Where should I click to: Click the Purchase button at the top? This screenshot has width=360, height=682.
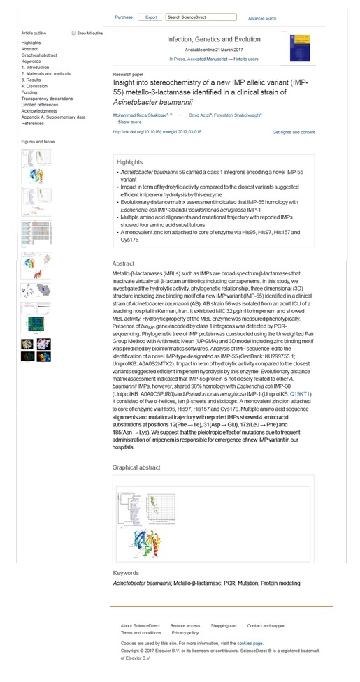[124, 17]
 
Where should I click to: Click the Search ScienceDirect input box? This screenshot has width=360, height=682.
[196, 17]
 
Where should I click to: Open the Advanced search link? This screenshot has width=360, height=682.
[261, 19]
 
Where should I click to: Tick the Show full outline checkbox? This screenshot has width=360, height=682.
[74, 33]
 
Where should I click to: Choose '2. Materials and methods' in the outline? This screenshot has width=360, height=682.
[45, 73]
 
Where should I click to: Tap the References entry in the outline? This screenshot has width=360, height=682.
[32, 123]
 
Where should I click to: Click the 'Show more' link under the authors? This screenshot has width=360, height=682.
[129, 122]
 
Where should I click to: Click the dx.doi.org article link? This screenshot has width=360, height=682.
[147, 131]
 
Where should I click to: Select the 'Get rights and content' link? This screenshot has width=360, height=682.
[294, 132]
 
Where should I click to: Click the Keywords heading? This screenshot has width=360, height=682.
[126, 573]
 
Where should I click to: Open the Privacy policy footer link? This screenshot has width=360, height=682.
[185, 633]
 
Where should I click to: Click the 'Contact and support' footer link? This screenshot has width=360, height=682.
[266, 626]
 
